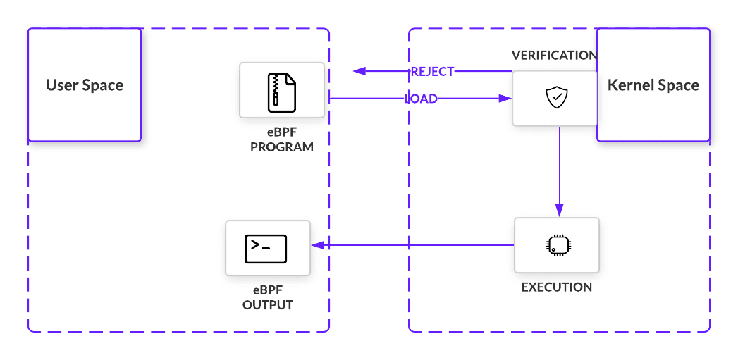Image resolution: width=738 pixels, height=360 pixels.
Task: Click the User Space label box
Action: pos(85,85)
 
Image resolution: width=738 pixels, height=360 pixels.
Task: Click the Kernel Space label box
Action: pos(653,85)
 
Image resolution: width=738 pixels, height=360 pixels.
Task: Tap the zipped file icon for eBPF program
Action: pos(282,91)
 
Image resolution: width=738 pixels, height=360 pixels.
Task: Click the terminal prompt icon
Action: pos(265,248)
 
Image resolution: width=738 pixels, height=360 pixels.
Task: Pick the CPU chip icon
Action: pos(557,244)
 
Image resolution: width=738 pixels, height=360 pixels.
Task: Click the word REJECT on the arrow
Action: pos(432,71)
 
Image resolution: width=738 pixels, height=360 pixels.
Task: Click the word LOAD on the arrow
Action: pos(421,99)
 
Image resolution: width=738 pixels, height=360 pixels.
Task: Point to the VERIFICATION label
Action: pos(554,55)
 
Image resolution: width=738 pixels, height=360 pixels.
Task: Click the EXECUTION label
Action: pos(556,287)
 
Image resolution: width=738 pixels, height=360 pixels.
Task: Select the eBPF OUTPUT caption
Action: pos(268,299)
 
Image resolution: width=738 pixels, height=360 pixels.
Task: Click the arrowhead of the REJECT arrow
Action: pos(359,71)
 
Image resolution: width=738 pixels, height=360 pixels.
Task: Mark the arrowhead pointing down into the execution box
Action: pos(559,210)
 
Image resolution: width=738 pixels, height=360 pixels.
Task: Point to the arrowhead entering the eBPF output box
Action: pos(317,245)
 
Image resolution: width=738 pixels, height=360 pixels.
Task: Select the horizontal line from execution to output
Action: pos(416,245)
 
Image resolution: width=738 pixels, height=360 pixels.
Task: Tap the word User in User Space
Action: pos(61,85)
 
